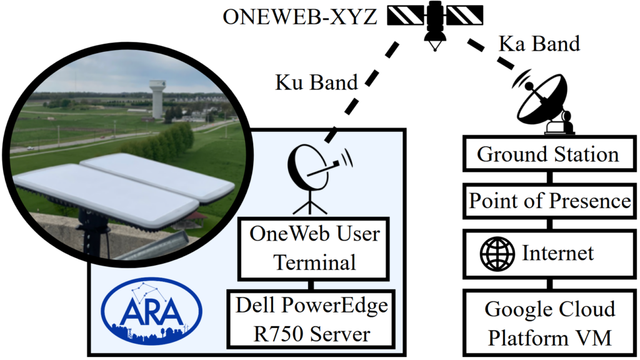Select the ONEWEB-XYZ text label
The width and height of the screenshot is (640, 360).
300,17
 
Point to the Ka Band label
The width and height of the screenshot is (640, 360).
539,43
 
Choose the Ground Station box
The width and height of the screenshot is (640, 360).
548,154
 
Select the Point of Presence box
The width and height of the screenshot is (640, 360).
548,201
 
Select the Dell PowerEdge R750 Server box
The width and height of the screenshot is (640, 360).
311,319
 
